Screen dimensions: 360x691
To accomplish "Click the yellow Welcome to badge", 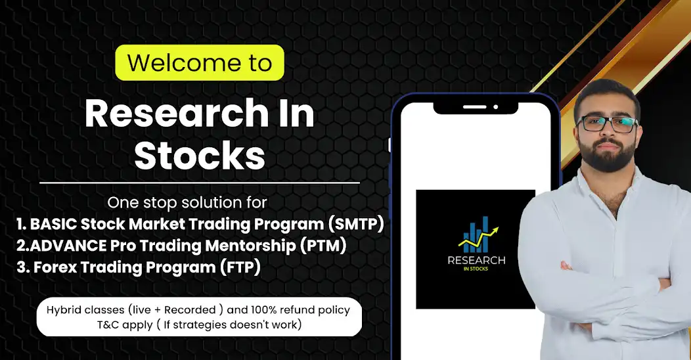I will pyautogui.click(x=199, y=63).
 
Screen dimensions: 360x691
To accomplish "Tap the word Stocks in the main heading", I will pyautogui.click(x=200, y=155).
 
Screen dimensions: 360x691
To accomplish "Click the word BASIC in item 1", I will pyautogui.click(x=53, y=224).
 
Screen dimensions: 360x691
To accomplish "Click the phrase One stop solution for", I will pyautogui.click(x=187, y=201).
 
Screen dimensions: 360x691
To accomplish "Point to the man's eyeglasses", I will pyautogui.click(x=606, y=123).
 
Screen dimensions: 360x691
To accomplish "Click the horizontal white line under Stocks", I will pyautogui.click(x=200, y=183).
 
